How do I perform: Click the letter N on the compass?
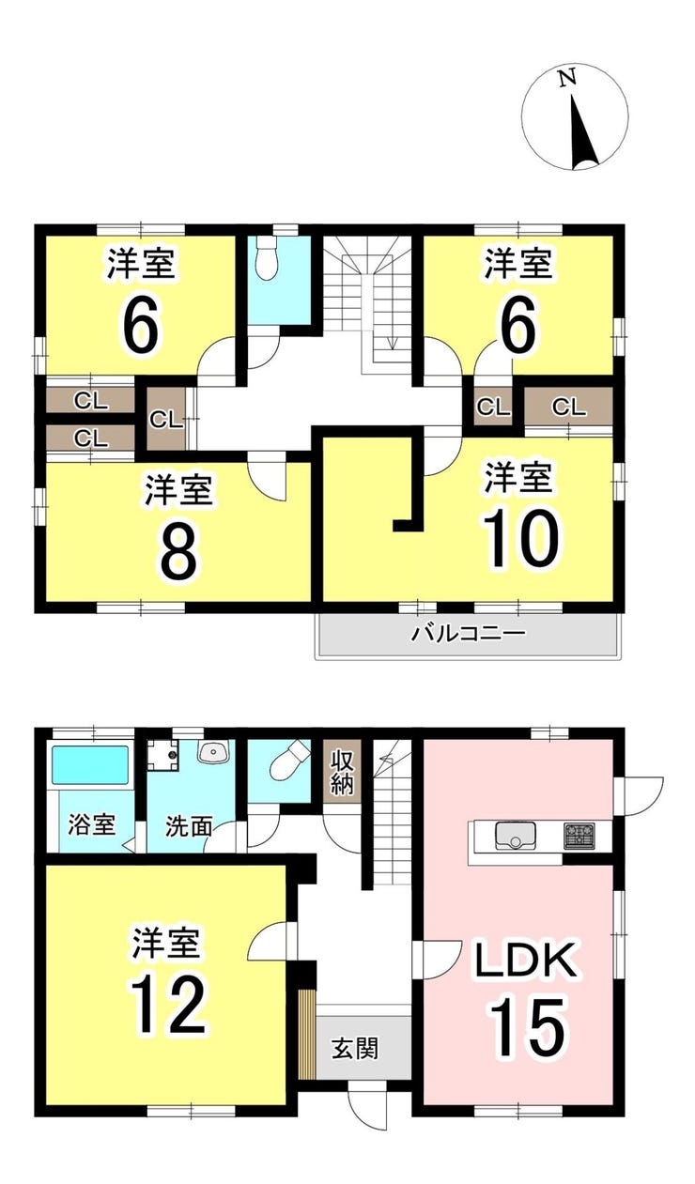coord(566,80)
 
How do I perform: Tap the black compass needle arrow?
coord(583,132)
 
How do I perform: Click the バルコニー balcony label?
coord(469,633)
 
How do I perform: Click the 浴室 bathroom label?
coord(91,824)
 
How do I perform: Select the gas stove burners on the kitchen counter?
coord(579,837)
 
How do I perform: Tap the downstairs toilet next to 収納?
coord(288,763)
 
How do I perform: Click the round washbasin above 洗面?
coord(213,750)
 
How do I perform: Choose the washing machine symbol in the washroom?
coord(162,755)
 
